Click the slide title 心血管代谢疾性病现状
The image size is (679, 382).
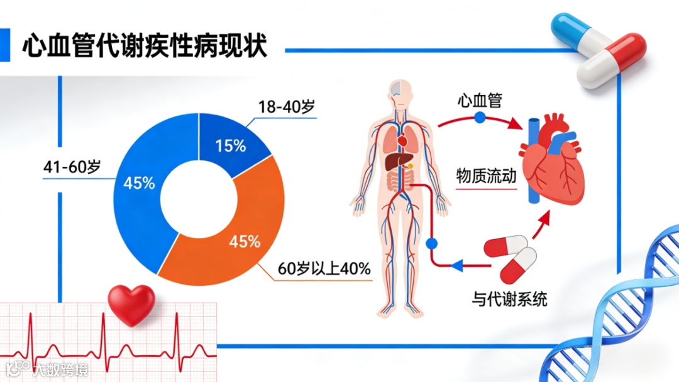coord(145,46)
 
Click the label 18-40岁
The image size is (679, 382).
coord(286,106)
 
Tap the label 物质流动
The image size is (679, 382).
coord(486,176)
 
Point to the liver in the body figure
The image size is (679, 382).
coord(394,162)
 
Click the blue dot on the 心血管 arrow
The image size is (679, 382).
coord(480,117)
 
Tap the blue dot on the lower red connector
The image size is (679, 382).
coord(431,243)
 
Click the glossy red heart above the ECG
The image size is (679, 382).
coord(131,304)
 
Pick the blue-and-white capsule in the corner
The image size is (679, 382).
coord(577,31)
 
